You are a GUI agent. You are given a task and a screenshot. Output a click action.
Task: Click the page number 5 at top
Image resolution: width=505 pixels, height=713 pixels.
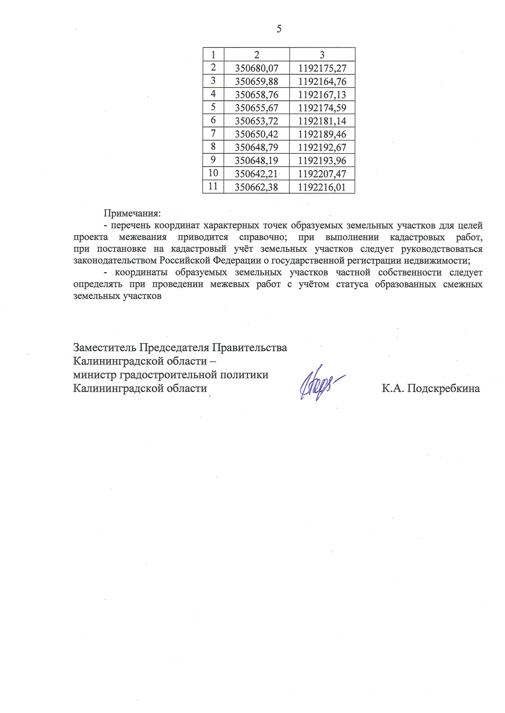[x=279, y=29]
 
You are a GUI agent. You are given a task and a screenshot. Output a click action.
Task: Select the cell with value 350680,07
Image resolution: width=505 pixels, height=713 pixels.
[x=256, y=68]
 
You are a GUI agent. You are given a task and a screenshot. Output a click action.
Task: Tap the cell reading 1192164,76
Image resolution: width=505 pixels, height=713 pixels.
[x=322, y=81]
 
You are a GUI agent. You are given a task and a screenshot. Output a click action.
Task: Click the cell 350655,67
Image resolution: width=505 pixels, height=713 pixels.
[x=256, y=108]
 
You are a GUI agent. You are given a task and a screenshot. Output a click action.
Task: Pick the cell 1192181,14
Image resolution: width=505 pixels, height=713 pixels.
[x=322, y=121]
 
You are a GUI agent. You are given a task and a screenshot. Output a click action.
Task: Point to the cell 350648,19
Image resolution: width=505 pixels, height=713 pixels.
[x=256, y=160]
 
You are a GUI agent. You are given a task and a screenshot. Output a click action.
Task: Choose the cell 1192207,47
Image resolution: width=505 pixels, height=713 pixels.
[x=322, y=174]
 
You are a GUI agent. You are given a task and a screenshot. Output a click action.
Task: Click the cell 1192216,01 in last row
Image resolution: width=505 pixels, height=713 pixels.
[x=322, y=187]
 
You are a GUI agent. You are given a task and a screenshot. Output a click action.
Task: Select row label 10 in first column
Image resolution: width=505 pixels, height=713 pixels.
[x=213, y=173]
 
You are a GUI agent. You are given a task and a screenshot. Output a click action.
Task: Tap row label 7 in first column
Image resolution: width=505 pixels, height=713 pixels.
[x=213, y=134]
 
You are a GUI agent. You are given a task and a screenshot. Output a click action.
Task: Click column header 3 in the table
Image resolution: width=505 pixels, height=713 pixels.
[x=322, y=55]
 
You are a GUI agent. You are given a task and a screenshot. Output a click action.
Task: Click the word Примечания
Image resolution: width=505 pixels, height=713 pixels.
[x=132, y=213]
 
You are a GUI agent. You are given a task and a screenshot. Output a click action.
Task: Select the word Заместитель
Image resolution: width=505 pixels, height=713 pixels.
[x=105, y=348]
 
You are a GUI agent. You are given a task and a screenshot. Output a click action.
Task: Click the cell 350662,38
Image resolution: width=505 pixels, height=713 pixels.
[x=256, y=187]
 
